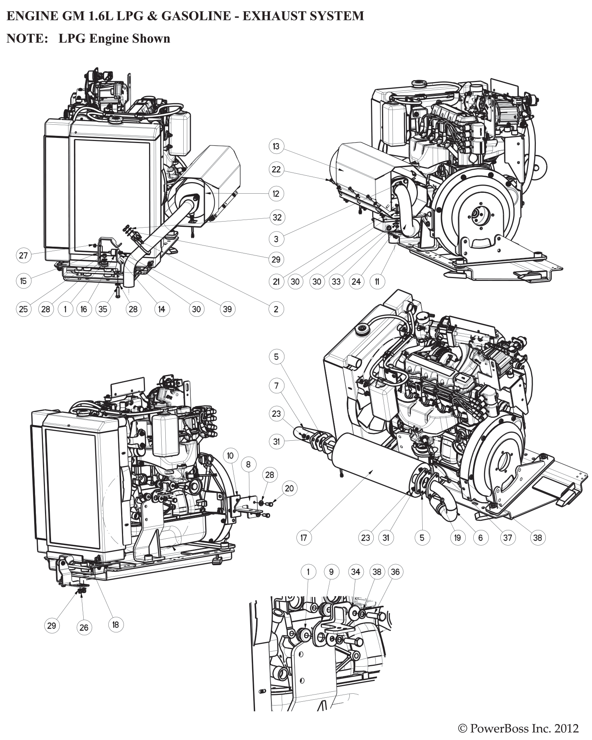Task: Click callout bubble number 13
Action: [x=276, y=146]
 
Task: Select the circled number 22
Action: [x=276, y=169]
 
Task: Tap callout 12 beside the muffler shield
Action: [x=276, y=194]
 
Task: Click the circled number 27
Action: [x=24, y=255]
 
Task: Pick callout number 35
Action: [x=103, y=309]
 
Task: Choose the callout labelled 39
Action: [x=227, y=309]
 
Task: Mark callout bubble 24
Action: [x=356, y=282]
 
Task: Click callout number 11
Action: [x=377, y=282]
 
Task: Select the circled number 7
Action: [x=276, y=386]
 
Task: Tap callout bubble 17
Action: [x=304, y=538]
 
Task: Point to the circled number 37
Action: [x=507, y=538]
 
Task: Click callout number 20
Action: [x=289, y=488]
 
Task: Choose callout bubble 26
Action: [x=84, y=628]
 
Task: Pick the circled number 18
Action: [x=116, y=624]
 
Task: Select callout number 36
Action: [x=395, y=572]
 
